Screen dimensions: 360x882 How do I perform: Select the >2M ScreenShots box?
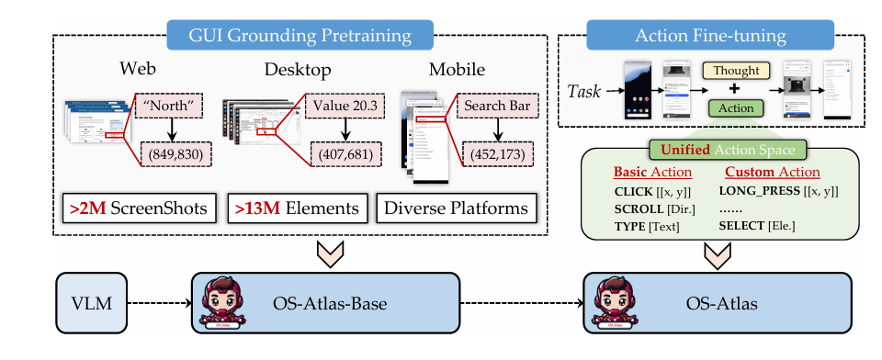(138, 208)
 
